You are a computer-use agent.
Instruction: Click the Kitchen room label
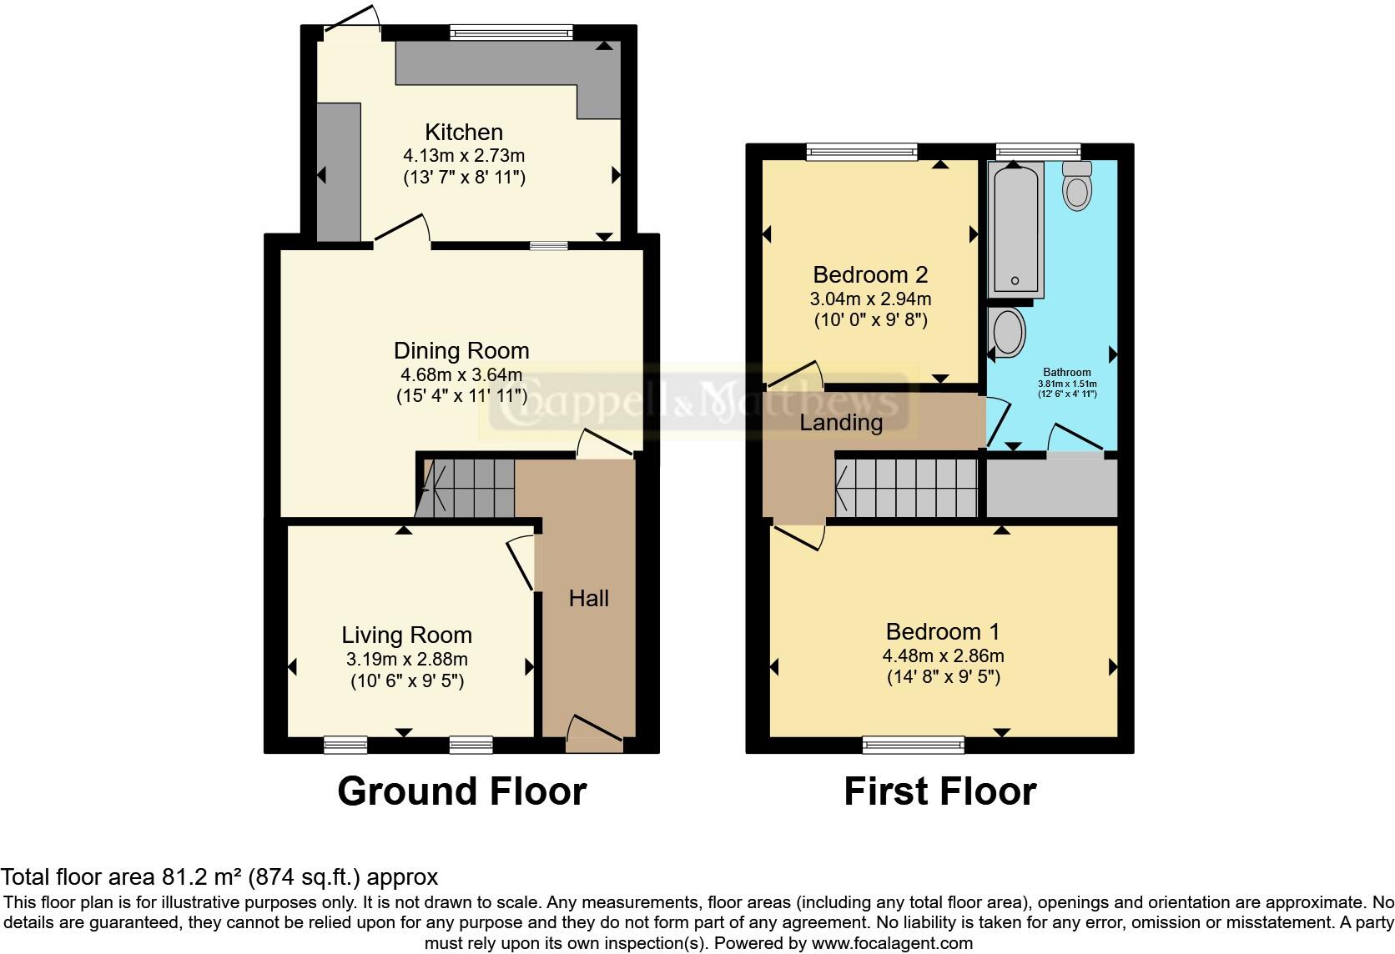[x=464, y=133]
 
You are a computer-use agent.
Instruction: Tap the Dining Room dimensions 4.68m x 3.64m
[x=461, y=374]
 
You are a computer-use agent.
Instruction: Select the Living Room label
[x=406, y=635]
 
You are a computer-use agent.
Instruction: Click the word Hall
[x=589, y=598]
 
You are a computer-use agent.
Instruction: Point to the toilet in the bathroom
[x=1077, y=187]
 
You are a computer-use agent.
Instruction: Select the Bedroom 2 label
[x=870, y=274]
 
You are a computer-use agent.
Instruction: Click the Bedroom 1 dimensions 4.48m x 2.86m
[x=943, y=655]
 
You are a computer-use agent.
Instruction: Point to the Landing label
[x=841, y=422]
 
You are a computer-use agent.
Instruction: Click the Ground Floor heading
[x=461, y=791]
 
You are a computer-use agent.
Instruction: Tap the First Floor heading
[x=939, y=791]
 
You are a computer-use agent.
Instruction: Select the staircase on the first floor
[x=906, y=489]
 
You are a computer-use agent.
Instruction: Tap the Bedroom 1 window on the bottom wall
[x=913, y=744]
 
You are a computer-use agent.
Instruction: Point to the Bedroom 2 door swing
[x=795, y=374]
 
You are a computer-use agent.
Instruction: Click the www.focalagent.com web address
[x=892, y=944]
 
